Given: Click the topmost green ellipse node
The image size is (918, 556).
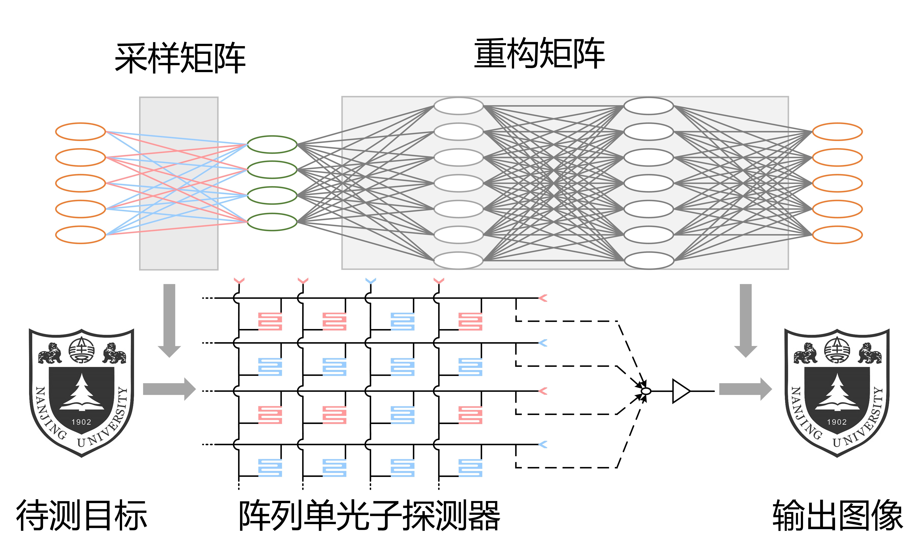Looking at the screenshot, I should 272,144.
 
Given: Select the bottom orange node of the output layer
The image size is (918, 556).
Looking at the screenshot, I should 837,235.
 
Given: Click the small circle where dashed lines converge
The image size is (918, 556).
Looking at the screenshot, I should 646,391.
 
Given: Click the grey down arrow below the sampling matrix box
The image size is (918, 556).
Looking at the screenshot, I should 170,320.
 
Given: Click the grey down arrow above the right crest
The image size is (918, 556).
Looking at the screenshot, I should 745,320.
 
